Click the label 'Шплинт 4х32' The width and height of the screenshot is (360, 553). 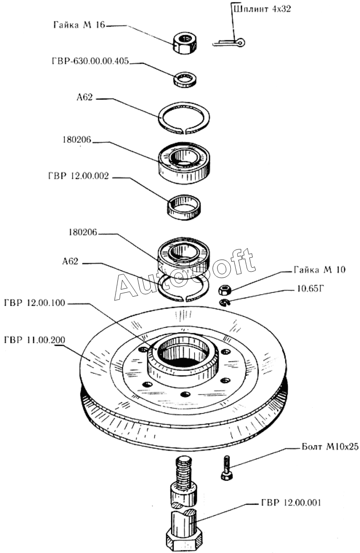262,10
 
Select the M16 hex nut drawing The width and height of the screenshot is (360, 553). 185,43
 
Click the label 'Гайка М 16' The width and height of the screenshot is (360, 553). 79,25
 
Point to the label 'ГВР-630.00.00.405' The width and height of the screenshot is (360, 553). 91,61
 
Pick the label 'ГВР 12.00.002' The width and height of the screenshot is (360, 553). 79,176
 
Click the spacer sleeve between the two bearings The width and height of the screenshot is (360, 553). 184,207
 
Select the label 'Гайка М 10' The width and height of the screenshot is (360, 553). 319,270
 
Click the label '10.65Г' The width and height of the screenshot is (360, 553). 310,289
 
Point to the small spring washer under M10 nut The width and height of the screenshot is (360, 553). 224,302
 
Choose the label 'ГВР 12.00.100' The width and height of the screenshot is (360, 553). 35,303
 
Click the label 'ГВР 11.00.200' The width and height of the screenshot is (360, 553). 35,340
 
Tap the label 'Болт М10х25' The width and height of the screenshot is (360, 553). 330,446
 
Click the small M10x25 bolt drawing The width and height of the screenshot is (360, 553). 226,468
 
